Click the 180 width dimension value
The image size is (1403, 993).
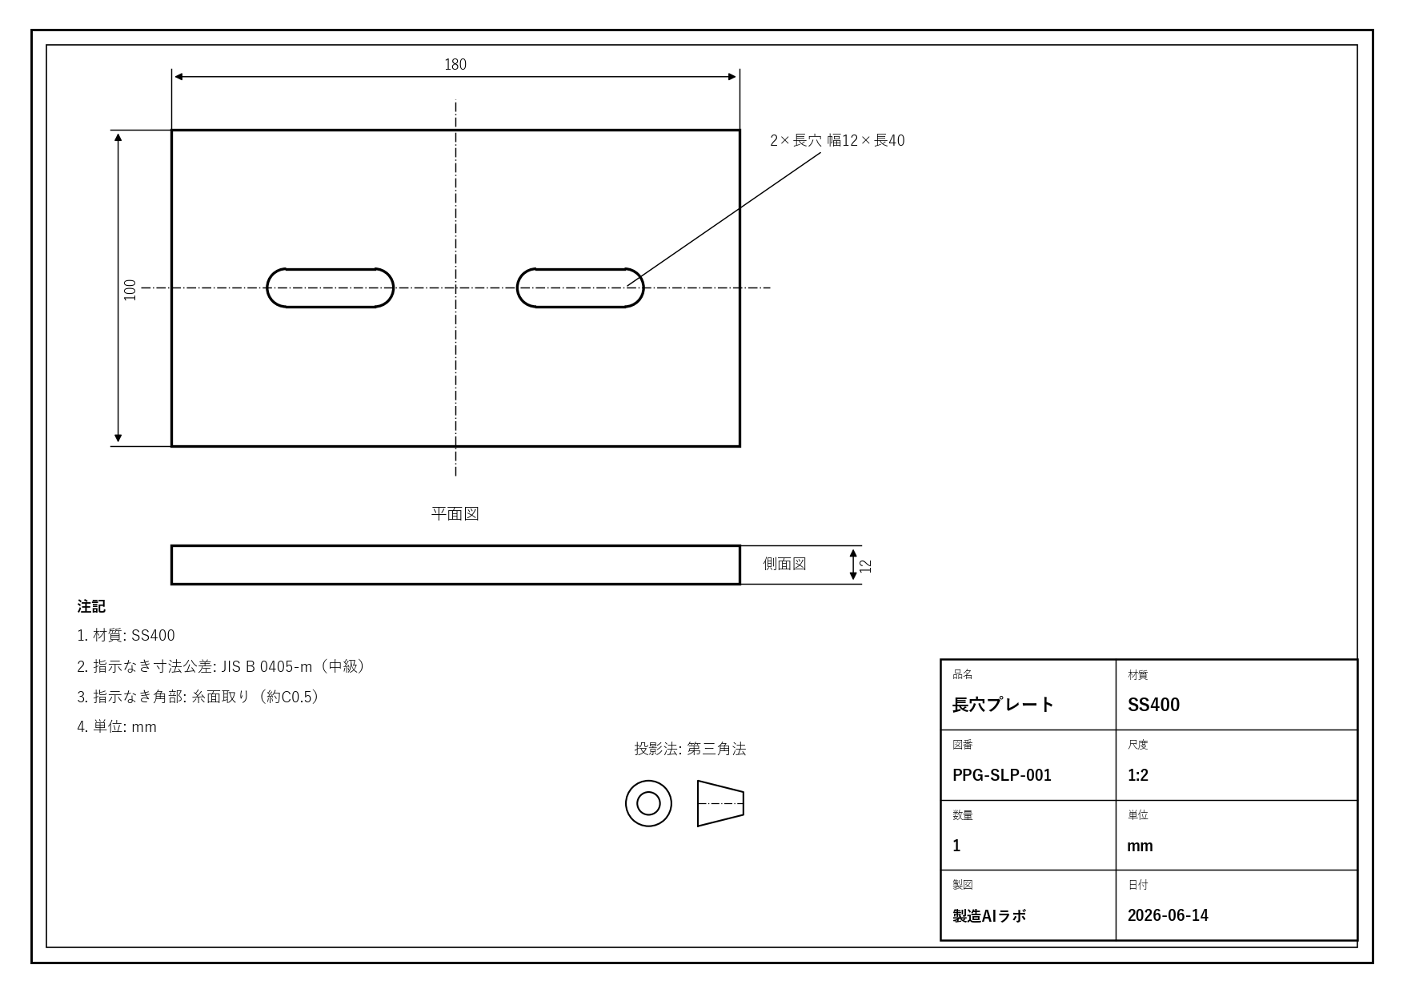click(455, 64)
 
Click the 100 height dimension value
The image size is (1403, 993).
click(130, 290)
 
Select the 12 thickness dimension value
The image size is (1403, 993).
click(865, 565)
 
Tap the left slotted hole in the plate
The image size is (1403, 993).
click(330, 269)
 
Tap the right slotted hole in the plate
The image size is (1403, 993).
click(580, 269)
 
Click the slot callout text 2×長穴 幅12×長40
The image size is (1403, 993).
click(837, 140)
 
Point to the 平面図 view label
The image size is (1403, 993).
click(455, 513)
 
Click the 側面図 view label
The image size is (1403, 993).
click(784, 564)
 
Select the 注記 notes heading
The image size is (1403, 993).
click(91, 606)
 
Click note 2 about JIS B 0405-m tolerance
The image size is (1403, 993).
click(223, 666)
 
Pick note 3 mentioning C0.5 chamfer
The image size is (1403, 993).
click(200, 697)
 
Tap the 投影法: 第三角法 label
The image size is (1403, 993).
click(690, 749)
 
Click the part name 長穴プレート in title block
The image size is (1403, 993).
click(1003, 705)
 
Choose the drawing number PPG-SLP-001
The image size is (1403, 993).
click(1002, 775)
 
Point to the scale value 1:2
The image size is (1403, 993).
click(1138, 775)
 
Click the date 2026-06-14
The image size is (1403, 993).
click(1168, 915)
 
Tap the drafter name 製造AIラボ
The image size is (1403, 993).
click(989, 915)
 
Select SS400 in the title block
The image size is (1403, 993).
click(1153, 705)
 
